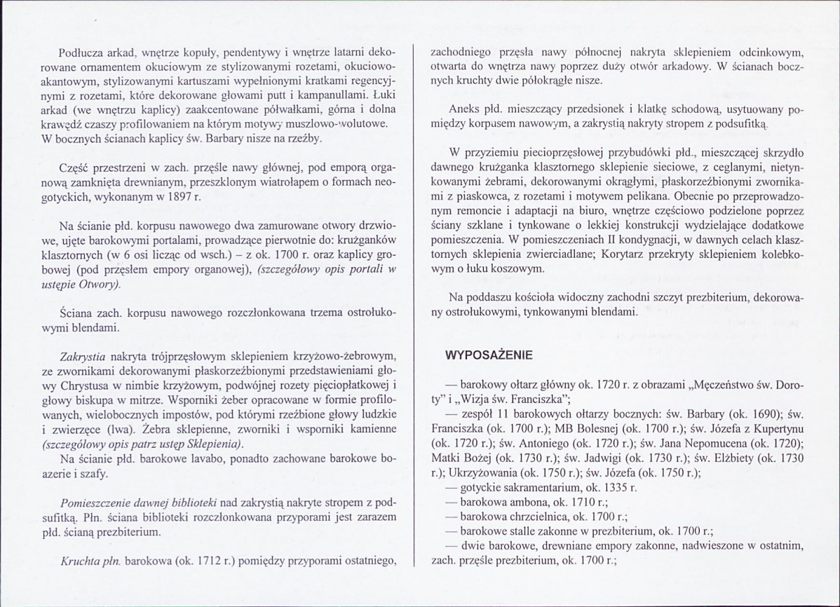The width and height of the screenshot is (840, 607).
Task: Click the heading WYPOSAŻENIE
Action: pos(489,355)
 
